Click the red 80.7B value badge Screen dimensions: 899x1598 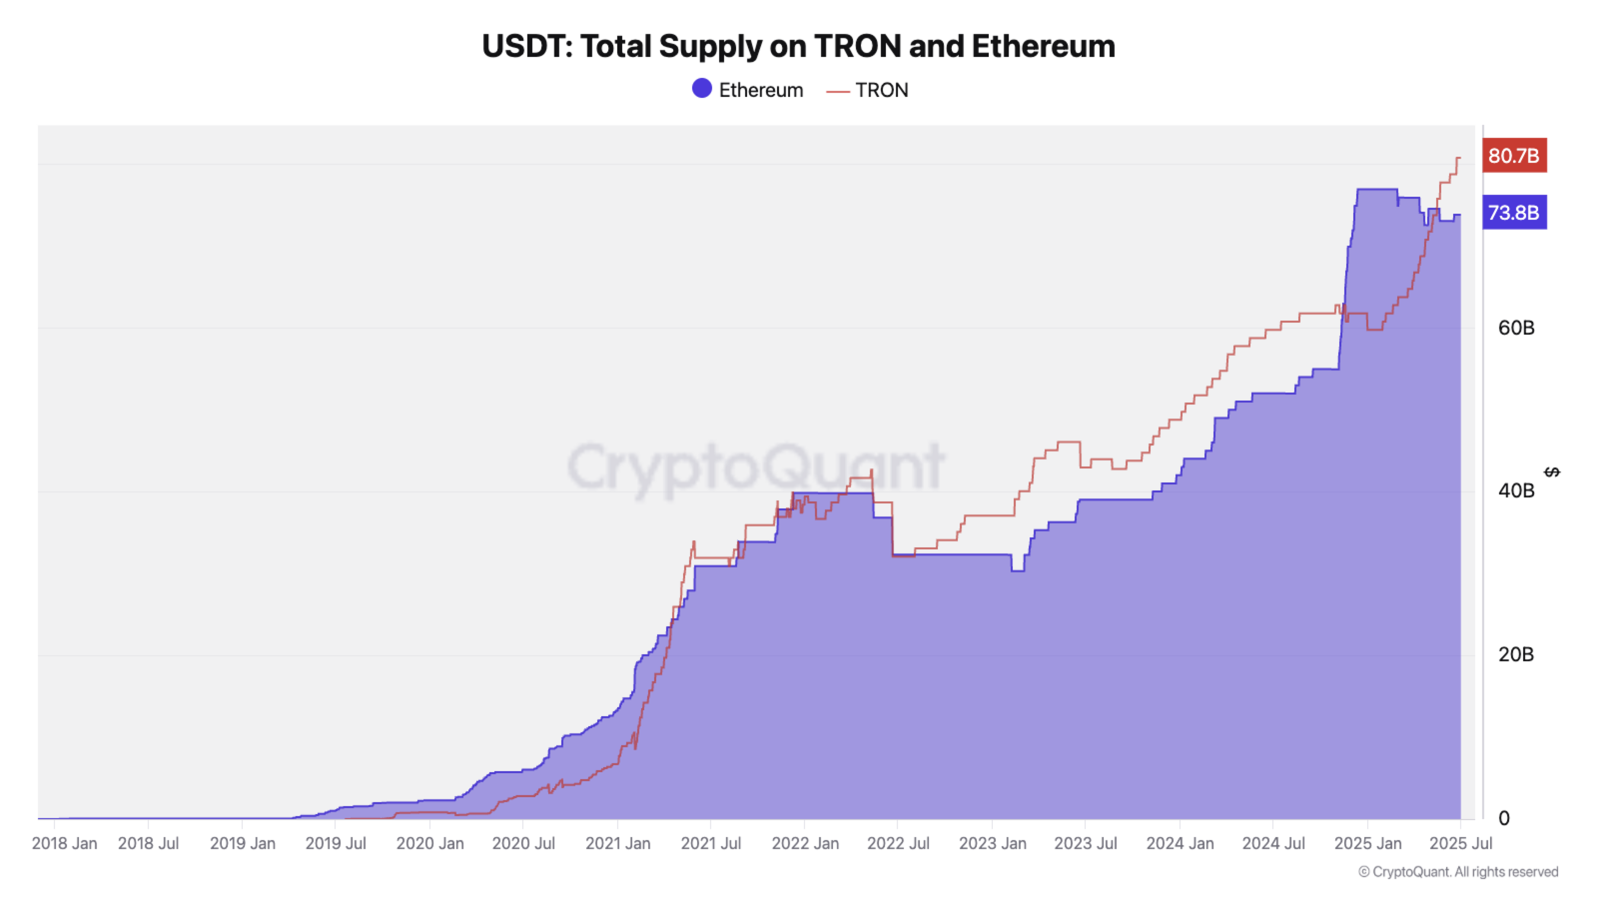click(x=1514, y=155)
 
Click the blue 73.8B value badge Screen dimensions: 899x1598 click(x=1514, y=212)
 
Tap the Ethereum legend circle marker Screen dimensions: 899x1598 click(x=702, y=89)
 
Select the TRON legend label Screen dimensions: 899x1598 click(x=881, y=90)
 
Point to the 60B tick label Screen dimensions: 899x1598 click(x=1516, y=328)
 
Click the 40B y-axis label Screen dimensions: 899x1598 click(x=1516, y=491)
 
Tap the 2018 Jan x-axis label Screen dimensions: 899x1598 click(x=64, y=843)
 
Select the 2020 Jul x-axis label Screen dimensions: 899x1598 click(x=523, y=843)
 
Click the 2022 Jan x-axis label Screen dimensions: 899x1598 click(x=804, y=843)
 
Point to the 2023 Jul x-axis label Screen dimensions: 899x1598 click(x=1085, y=843)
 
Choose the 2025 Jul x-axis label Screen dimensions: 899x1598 click(x=1460, y=843)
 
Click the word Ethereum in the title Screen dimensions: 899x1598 click(x=1043, y=46)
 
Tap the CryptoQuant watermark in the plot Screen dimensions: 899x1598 click(x=755, y=466)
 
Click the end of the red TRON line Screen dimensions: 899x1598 click(x=1460, y=158)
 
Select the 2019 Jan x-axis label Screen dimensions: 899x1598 click(x=243, y=843)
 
